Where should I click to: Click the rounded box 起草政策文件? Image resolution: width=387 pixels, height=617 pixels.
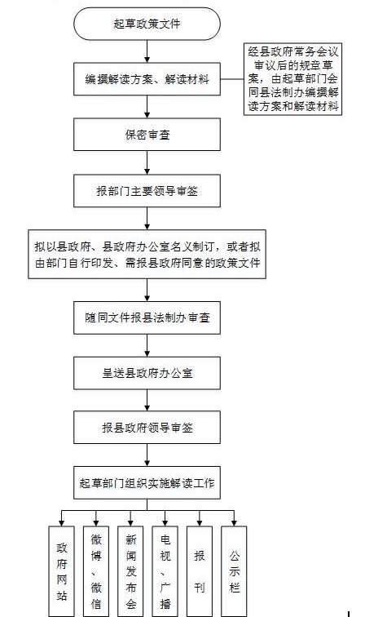tap(147, 24)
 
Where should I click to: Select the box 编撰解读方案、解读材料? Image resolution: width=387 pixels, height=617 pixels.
tap(147, 79)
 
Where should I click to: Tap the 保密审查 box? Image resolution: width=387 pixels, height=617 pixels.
tap(147, 135)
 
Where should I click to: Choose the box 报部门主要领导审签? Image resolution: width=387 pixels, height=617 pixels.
tap(147, 191)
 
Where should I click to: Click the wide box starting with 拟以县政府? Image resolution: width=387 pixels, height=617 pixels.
tap(147, 254)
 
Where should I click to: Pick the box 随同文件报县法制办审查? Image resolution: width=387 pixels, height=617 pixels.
tap(147, 318)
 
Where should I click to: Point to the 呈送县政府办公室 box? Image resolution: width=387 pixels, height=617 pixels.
tap(147, 373)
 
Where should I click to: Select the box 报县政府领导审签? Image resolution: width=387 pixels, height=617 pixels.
tap(147, 428)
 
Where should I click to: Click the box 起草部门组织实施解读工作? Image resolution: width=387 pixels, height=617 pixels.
tap(147, 483)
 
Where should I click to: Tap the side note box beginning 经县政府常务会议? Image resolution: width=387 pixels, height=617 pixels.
tap(292, 79)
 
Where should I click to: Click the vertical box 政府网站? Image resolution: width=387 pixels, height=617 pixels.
tap(61, 571)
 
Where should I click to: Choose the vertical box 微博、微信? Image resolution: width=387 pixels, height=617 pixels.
tap(96, 571)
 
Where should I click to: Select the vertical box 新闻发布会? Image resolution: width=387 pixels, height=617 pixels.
tap(130, 571)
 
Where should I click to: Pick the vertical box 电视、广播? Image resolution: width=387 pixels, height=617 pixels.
tap(165, 571)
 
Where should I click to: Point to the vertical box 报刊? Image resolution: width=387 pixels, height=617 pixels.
tap(199, 571)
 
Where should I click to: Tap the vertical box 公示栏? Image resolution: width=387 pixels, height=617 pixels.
tap(234, 571)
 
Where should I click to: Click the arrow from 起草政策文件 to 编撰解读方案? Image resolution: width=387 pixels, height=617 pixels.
tap(147, 51)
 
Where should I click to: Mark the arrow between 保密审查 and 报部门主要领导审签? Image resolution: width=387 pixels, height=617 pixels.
tap(147, 162)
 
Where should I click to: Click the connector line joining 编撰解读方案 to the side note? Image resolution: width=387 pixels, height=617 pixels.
tap(232, 79)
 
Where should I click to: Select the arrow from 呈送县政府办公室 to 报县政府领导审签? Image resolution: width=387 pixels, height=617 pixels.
tap(147, 400)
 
